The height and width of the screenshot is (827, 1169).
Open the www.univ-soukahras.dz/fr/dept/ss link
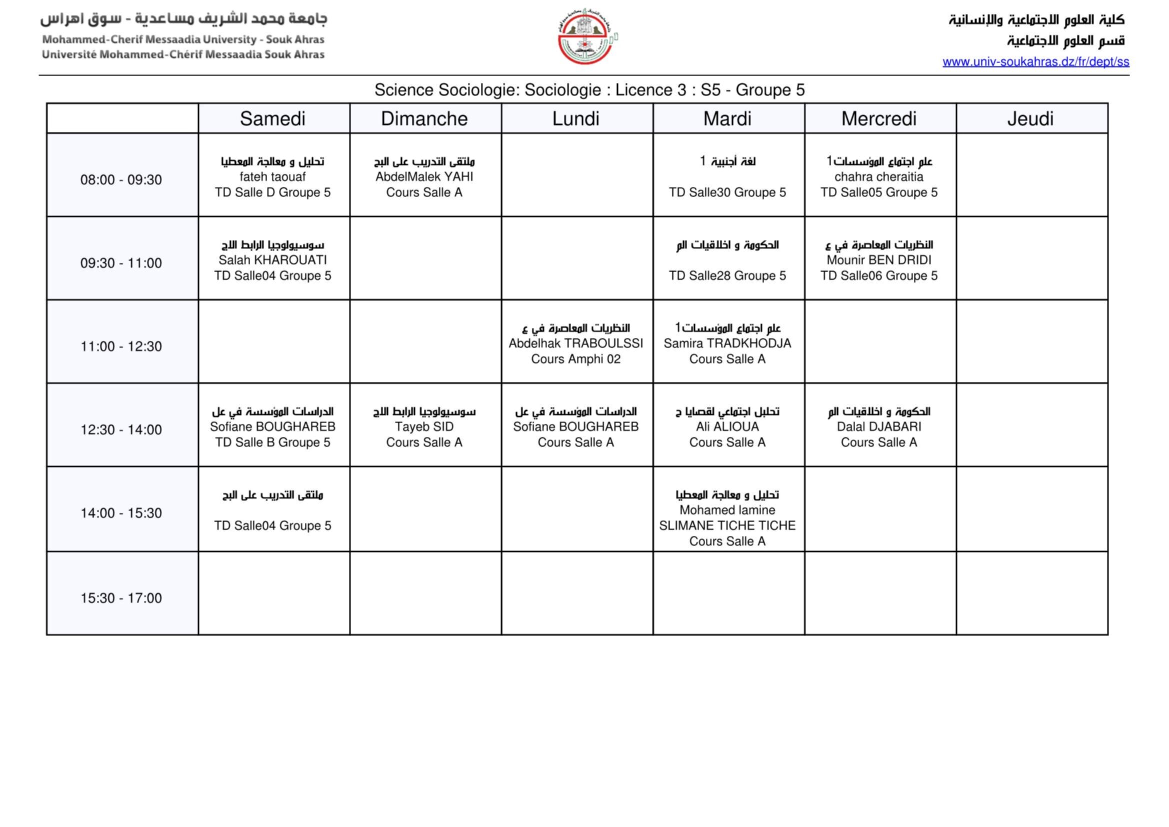[x=1035, y=62]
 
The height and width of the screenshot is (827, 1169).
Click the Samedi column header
[x=272, y=119]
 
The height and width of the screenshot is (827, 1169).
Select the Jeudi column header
[x=1030, y=119]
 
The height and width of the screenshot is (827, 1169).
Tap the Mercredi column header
[x=878, y=119]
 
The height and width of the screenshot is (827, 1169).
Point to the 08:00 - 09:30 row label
[x=121, y=180]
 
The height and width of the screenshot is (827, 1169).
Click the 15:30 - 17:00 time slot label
[x=121, y=598]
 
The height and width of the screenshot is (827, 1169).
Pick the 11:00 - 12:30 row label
[x=121, y=347]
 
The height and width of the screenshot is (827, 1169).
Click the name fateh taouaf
[x=272, y=177]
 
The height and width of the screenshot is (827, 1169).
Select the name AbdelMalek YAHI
[x=424, y=177]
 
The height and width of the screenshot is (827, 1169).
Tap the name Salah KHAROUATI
[x=272, y=260]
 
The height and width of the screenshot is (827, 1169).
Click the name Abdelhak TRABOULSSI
[x=575, y=343]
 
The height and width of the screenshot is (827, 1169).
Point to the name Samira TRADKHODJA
[x=727, y=343]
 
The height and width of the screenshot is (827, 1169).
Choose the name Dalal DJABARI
[x=878, y=427]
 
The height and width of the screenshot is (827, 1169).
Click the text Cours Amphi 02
[x=575, y=359]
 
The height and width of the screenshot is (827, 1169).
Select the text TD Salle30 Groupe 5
[x=727, y=193]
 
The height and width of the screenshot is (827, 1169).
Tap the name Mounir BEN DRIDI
[x=878, y=260]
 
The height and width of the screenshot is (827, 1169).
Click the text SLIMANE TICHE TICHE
[x=727, y=526]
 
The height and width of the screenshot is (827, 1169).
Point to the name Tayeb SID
[x=424, y=427]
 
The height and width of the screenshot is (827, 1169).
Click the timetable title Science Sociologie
[x=589, y=90]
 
